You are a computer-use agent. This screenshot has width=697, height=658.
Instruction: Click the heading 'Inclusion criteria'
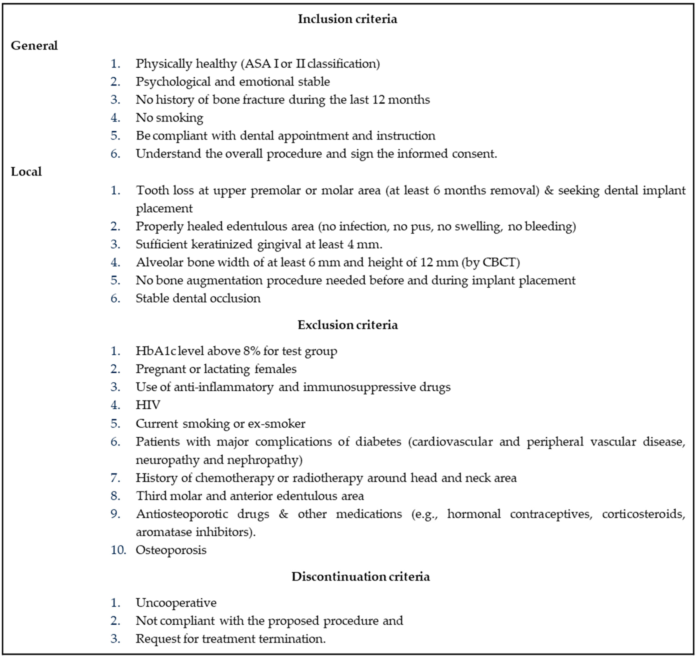tap(347, 19)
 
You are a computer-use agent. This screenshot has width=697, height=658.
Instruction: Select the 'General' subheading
tap(34, 46)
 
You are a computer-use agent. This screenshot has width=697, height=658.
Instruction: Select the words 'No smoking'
tap(169, 118)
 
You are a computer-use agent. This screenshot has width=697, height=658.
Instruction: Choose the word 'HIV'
tap(148, 405)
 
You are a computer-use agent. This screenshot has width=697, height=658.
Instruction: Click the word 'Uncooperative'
tap(176, 603)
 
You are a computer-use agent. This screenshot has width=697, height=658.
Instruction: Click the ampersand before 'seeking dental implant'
tap(548, 191)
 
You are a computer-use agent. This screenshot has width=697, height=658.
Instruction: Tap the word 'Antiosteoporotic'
tap(182, 514)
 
